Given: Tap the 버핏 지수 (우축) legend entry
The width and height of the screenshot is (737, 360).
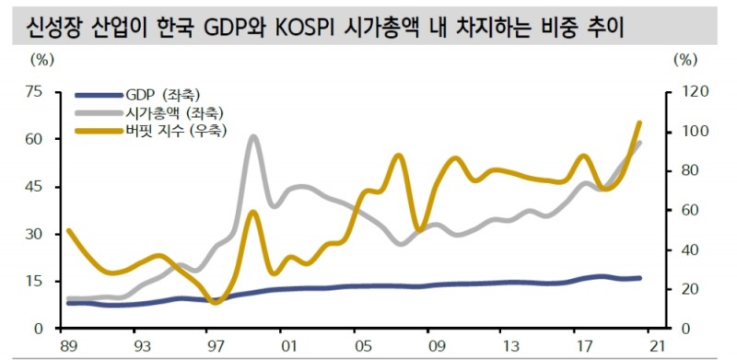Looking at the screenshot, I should click(180, 131).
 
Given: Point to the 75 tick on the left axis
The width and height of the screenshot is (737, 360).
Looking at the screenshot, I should click(34, 91).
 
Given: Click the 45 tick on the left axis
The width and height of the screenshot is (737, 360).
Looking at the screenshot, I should click(34, 186).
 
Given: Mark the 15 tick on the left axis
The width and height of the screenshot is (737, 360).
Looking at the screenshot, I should click(34, 281).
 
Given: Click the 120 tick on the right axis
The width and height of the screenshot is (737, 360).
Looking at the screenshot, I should click(689, 91).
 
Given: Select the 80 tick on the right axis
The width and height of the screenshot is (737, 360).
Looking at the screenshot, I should click(686, 170).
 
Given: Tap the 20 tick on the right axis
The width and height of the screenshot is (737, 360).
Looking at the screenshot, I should click(686, 289).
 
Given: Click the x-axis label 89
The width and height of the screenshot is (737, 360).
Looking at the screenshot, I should click(67, 347).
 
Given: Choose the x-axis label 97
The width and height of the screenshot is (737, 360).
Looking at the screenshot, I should click(216, 347).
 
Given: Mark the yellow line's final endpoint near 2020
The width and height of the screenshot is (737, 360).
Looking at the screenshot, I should click(640, 122).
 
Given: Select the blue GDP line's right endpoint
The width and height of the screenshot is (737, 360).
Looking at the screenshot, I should click(640, 278).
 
